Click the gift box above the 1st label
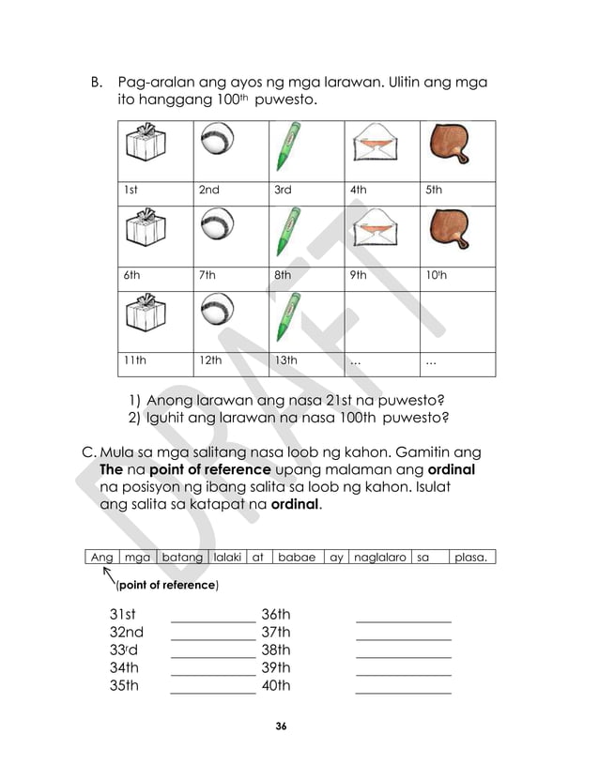click(x=146, y=145)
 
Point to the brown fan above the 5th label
click(x=450, y=145)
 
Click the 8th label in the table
click(x=283, y=275)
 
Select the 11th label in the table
click(x=135, y=359)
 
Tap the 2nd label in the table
click(x=208, y=190)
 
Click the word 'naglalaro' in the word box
click(x=379, y=558)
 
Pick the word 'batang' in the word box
click(x=182, y=558)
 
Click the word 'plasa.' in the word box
click(x=471, y=558)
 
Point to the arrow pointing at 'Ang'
click(x=108, y=576)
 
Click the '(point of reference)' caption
click(x=166, y=586)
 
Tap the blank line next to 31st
click(x=212, y=619)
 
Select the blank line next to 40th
click(x=403, y=692)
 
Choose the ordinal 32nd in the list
click(x=127, y=633)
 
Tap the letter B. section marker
click(x=96, y=83)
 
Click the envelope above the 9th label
click(x=373, y=231)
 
